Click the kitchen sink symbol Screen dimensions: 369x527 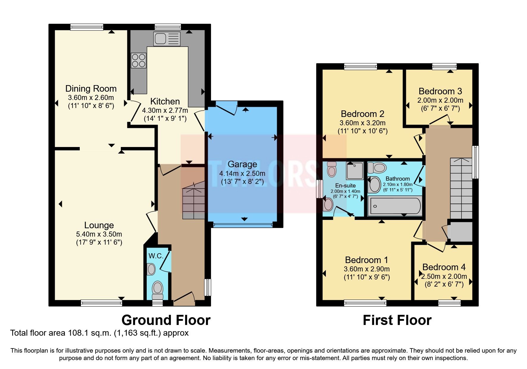coord(167,39)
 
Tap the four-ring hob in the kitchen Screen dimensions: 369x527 coord(139,60)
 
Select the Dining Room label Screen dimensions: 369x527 coord(91,89)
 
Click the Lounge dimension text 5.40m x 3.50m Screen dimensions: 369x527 coord(99,234)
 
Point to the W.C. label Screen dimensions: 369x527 coord(156,256)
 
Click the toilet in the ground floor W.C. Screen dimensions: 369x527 coord(158,290)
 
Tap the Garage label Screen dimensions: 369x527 coord(242,164)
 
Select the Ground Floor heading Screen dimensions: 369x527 coord(166,320)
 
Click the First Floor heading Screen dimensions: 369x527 coord(397,320)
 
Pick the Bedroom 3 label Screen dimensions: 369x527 coord(440,91)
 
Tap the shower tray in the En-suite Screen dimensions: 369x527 coord(355,171)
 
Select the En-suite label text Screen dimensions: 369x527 coord(345,185)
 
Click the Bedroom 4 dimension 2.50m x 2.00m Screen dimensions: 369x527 coord(444,276)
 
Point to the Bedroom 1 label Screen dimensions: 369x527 coord(366,260)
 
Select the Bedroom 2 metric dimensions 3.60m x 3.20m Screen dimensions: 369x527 coord(362,123)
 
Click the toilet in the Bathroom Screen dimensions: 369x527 coord(377,168)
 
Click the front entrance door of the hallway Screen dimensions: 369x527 coord(184,298)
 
